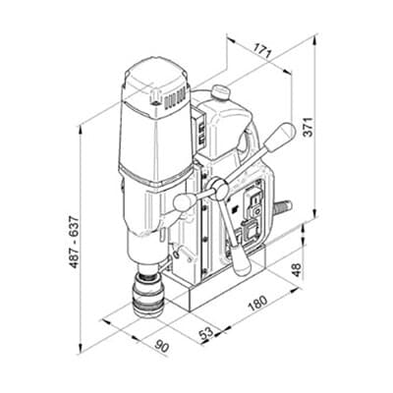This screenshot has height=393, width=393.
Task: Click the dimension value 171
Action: pyautogui.click(x=263, y=51)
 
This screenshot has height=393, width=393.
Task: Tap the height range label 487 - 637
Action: pyautogui.click(x=75, y=242)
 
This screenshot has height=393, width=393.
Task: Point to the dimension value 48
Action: pyautogui.click(x=296, y=270)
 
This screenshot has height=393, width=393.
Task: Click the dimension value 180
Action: pyautogui.click(x=257, y=304)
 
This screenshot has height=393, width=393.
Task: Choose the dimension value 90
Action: pyautogui.click(x=162, y=346)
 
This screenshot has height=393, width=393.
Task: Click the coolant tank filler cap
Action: pyautogui.click(x=220, y=91)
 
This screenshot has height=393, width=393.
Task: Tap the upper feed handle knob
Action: pyautogui.click(x=280, y=137)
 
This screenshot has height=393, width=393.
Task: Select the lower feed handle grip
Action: pyautogui.click(x=241, y=260)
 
